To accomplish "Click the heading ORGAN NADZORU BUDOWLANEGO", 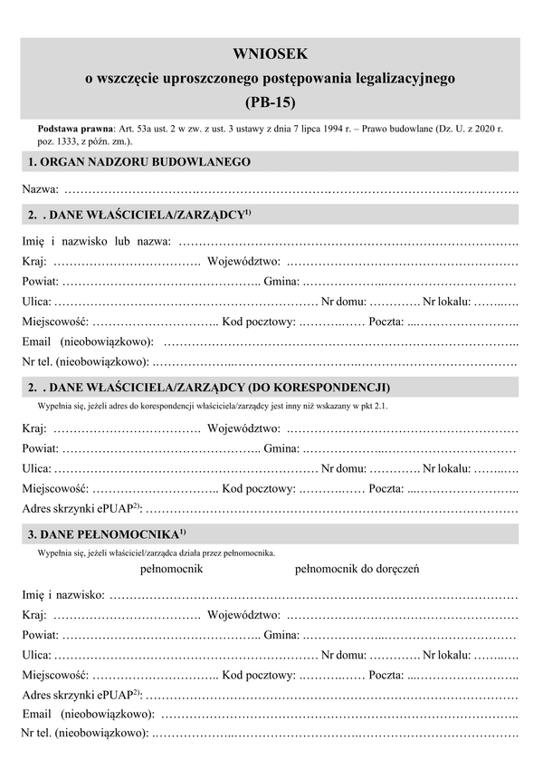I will coord(139,162).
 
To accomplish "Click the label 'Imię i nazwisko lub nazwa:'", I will coord(96,242).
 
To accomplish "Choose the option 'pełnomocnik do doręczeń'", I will coord(357,569).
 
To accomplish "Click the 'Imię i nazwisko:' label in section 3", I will coord(62,595).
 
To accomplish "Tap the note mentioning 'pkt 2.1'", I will coord(213,406).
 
